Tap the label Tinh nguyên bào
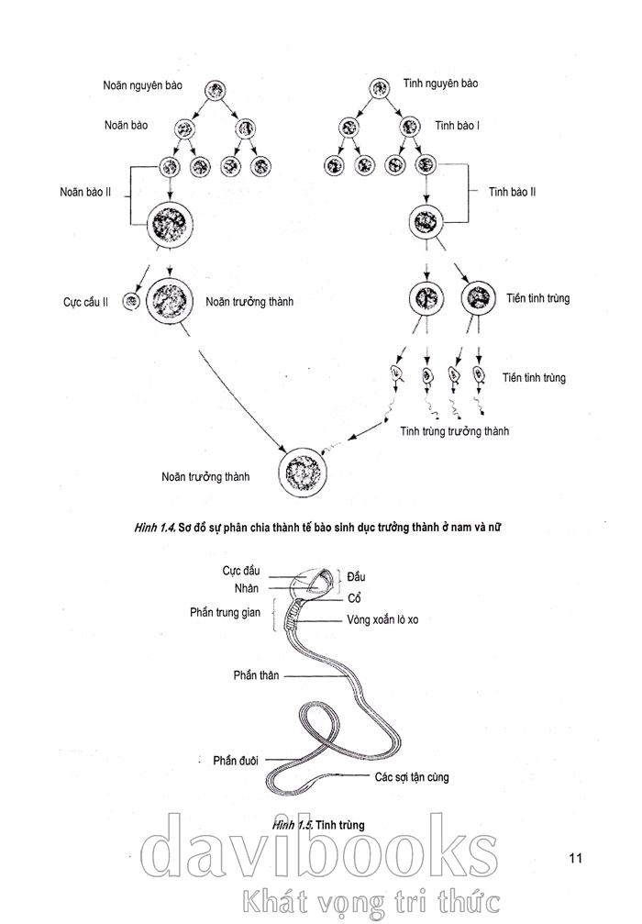point(440,83)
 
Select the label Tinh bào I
point(457,125)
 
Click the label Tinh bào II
point(514,192)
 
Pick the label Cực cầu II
point(86,302)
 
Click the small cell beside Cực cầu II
point(132,301)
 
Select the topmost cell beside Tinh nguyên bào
point(380,88)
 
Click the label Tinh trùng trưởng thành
point(453,431)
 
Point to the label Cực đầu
point(240,570)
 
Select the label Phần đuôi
point(236,760)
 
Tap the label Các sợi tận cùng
point(411,777)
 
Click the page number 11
point(576,858)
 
